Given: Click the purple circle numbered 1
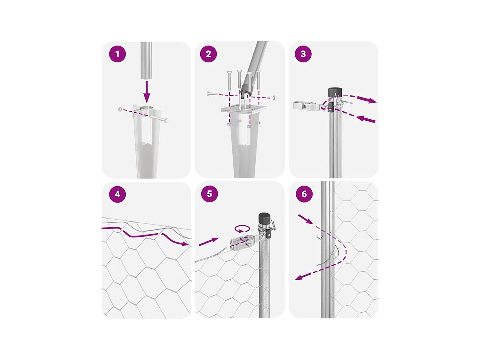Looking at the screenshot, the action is (x=117, y=54).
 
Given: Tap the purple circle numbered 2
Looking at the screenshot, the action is (x=208, y=54).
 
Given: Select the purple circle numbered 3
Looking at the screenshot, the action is (x=303, y=54).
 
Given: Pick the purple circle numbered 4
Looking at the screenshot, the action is (x=117, y=194).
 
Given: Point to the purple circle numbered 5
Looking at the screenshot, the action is (x=209, y=194).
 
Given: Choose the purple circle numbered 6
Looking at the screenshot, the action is (x=304, y=194).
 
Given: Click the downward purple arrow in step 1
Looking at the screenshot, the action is (x=147, y=92).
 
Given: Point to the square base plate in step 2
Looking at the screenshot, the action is (x=244, y=108).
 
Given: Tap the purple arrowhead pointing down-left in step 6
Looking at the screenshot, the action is (x=299, y=277).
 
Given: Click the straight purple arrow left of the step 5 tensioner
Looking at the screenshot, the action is (x=209, y=242).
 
